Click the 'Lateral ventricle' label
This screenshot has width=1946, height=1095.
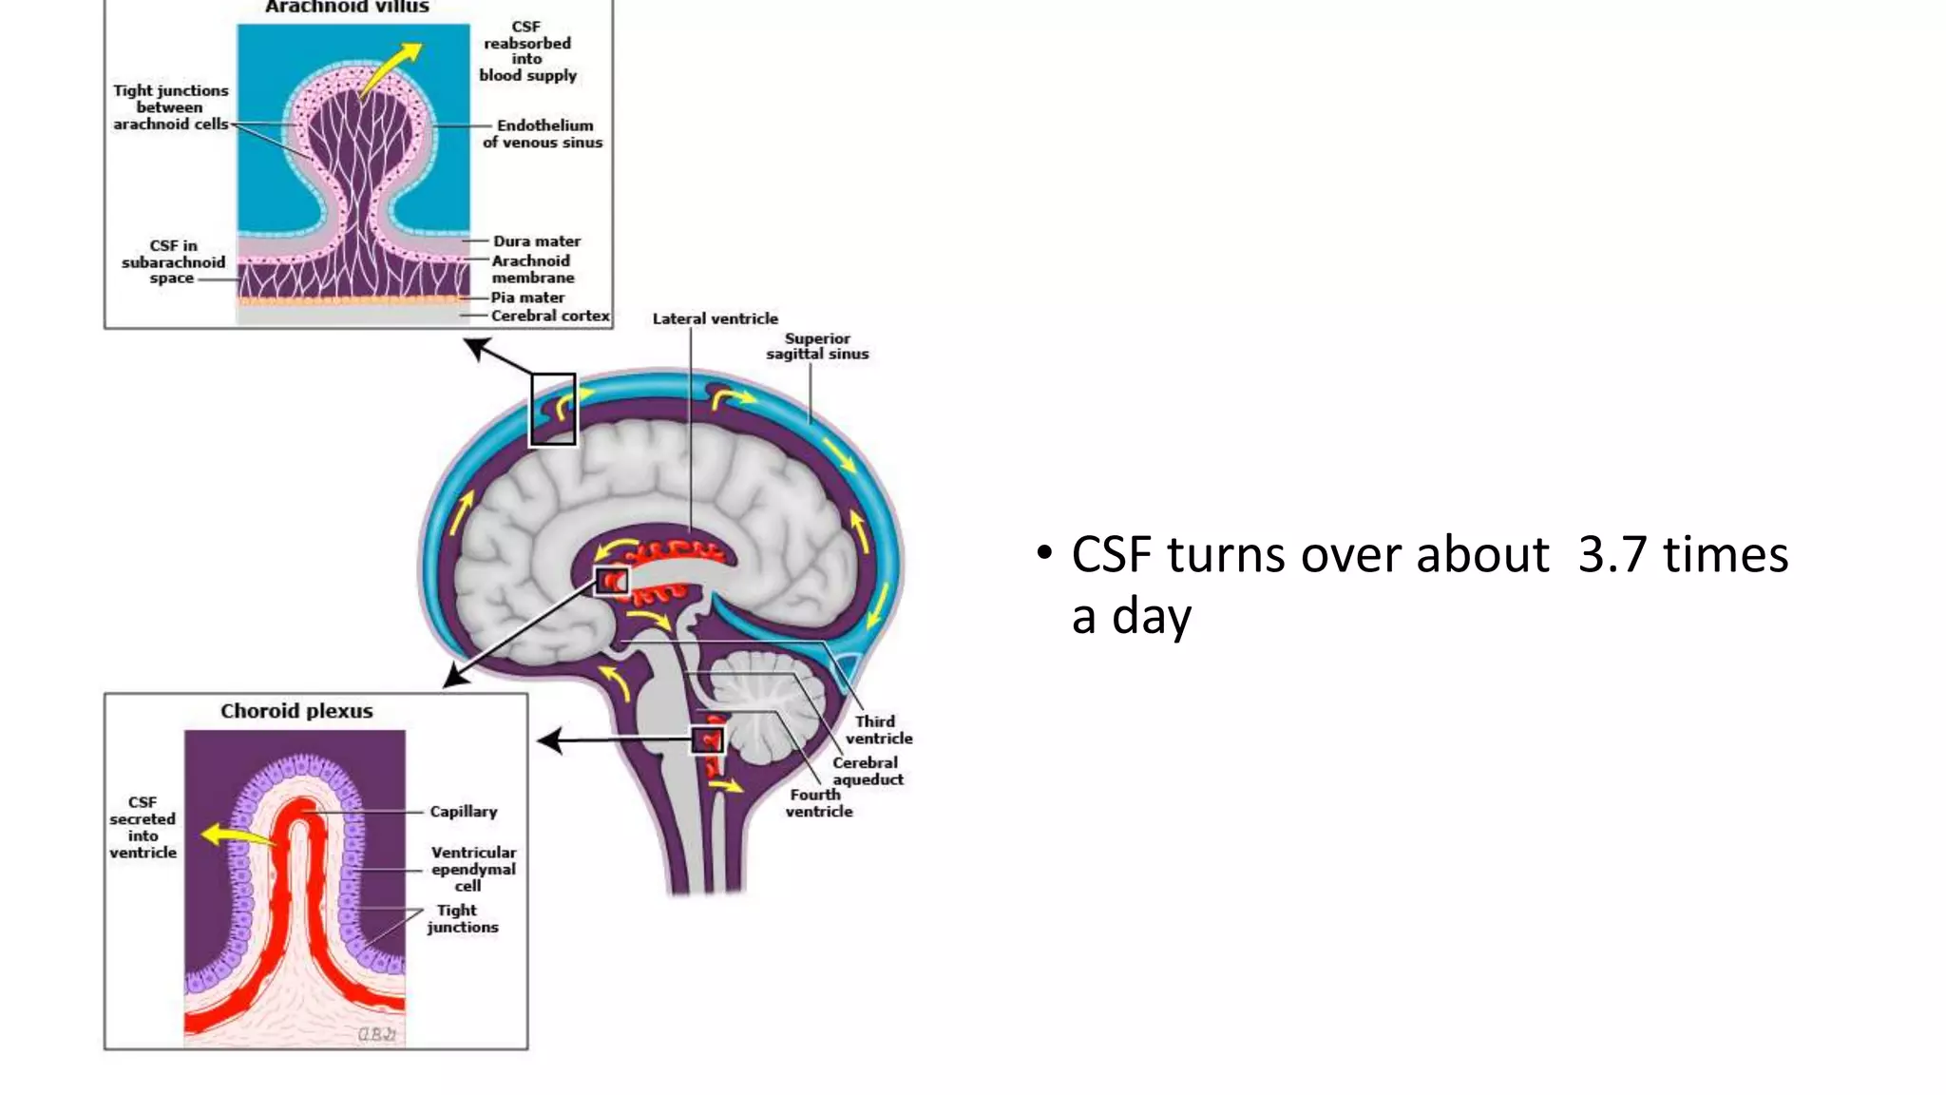(x=715, y=318)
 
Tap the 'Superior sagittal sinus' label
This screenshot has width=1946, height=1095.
(x=817, y=346)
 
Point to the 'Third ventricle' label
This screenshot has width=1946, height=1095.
(x=878, y=730)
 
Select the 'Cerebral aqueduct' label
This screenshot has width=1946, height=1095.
(x=868, y=771)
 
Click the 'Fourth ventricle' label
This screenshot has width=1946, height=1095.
(x=818, y=803)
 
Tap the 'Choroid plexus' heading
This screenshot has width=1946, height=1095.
(x=296, y=711)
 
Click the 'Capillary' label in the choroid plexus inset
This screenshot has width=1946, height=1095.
(x=463, y=812)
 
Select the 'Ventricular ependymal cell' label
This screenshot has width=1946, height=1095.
(x=473, y=869)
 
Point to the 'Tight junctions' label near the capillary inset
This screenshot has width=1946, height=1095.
(x=462, y=918)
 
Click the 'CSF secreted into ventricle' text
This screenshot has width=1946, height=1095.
(x=143, y=828)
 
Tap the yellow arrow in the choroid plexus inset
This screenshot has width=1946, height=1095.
(x=238, y=836)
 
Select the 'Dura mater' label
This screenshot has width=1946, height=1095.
(x=536, y=241)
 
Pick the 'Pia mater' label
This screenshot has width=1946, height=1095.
(x=527, y=298)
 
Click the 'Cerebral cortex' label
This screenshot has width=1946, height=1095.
(x=550, y=316)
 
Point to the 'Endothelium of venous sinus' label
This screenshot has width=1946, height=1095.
(x=543, y=134)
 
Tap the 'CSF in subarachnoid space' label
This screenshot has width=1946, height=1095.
(x=173, y=262)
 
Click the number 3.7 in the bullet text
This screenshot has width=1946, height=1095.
(x=1612, y=555)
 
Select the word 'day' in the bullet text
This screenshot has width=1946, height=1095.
(x=1151, y=617)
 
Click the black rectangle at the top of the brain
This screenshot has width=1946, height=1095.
(x=553, y=409)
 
